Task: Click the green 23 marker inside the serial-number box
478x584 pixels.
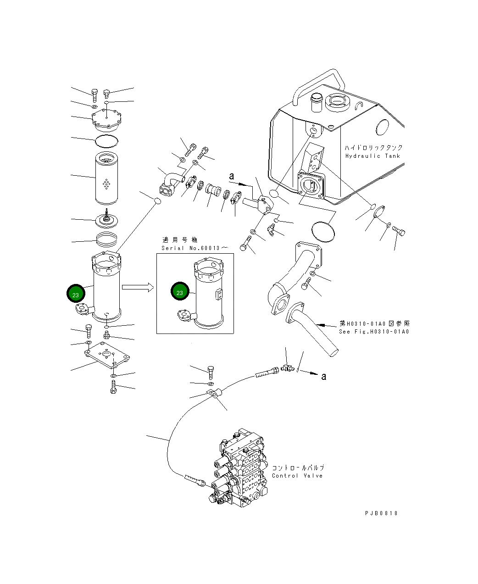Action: pos(180,292)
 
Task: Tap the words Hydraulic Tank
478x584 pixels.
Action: pos(372,156)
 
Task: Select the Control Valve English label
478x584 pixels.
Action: pos(297,476)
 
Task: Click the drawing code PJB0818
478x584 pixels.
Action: pos(381,513)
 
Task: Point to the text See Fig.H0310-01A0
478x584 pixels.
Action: pos(374,332)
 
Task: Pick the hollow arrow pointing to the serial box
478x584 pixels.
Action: pos(137,287)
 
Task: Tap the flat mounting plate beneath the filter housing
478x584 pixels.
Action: pos(107,356)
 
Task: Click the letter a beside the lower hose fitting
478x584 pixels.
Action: pos(323,376)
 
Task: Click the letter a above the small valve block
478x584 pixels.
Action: pos(232,176)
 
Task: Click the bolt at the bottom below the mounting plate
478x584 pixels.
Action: pos(113,389)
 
